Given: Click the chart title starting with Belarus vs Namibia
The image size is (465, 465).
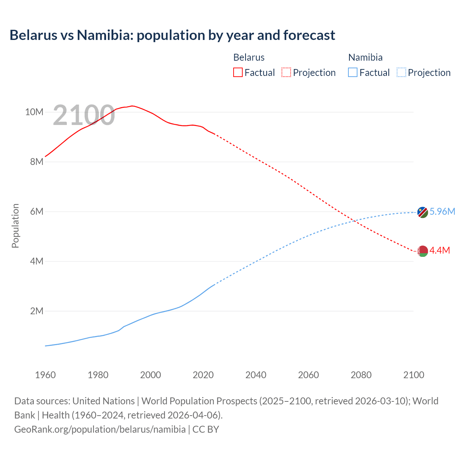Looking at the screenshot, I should pyautogui.click(x=172, y=35).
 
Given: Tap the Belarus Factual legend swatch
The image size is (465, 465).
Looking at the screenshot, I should pyautogui.click(x=238, y=72).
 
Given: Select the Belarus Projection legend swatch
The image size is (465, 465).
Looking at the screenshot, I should pyautogui.click(x=286, y=72).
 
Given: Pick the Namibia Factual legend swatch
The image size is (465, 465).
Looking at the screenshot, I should pyautogui.click(x=353, y=72).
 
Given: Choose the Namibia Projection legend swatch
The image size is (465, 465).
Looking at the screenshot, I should pyautogui.click(x=401, y=72).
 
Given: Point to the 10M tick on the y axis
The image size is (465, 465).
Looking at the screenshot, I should pyautogui.click(x=34, y=112).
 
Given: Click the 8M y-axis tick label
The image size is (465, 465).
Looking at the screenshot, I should pyautogui.click(x=36, y=162).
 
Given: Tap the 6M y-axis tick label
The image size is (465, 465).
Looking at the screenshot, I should pyautogui.click(x=36, y=211).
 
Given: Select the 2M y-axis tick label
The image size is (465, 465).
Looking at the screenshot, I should pyautogui.click(x=36, y=311).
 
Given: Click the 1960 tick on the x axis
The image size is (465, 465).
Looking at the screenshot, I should pyautogui.click(x=45, y=375).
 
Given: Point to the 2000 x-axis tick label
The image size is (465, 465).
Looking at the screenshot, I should pyautogui.click(x=150, y=375).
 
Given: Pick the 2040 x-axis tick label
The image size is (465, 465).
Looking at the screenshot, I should pyautogui.click(x=256, y=375).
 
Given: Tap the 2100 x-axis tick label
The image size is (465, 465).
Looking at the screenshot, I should pyautogui.click(x=413, y=375).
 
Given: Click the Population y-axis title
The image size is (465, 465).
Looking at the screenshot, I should pyautogui.click(x=15, y=226).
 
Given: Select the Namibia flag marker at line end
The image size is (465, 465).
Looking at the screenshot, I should pyautogui.click(x=422, y=212).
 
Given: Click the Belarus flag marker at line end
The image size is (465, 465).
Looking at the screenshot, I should pyautogui.click(x=422, y=251).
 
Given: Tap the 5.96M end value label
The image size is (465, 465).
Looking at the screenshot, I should pyautogui.click(x=442, y=211).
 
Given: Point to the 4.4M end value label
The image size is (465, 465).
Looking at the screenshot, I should pyautogui.click(x=440, y=250).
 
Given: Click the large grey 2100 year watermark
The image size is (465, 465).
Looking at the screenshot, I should pyautogui.click(x=84, y=115).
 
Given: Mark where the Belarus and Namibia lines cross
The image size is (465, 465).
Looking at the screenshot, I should pyautogui.click(x=354, y=221).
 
